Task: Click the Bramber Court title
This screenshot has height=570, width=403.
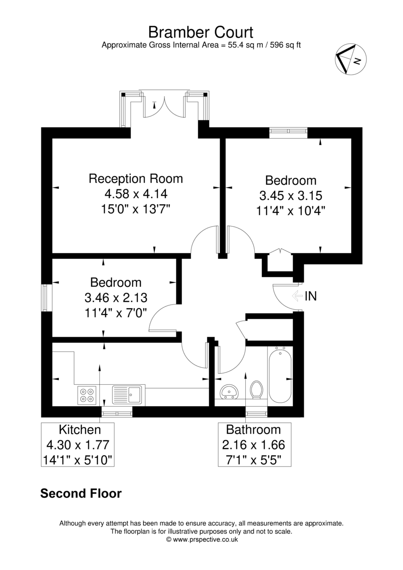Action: point(201,32)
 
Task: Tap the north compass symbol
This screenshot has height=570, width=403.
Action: point(351,59)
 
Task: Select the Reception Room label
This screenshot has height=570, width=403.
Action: point(136,179)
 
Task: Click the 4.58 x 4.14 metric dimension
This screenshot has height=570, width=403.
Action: point(136,194)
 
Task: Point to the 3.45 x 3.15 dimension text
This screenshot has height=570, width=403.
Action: point(291,195)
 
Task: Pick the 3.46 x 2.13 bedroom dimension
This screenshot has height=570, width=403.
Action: point(116,297)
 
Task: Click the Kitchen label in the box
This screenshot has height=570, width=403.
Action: point(80,429)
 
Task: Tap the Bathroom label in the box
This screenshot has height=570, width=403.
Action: point(253,429)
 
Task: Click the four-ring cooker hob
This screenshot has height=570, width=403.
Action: point(87,395)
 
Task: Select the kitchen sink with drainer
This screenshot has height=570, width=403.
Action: point(127,395)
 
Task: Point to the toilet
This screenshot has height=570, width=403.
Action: point(256,389)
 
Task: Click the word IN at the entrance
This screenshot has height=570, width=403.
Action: point(311,296)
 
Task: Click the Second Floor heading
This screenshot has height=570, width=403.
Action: point(81,493)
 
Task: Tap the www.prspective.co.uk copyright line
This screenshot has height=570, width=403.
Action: point(202,539)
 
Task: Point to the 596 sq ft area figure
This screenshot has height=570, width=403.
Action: point(286,45)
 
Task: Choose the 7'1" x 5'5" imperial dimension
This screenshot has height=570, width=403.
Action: point(253,460)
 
